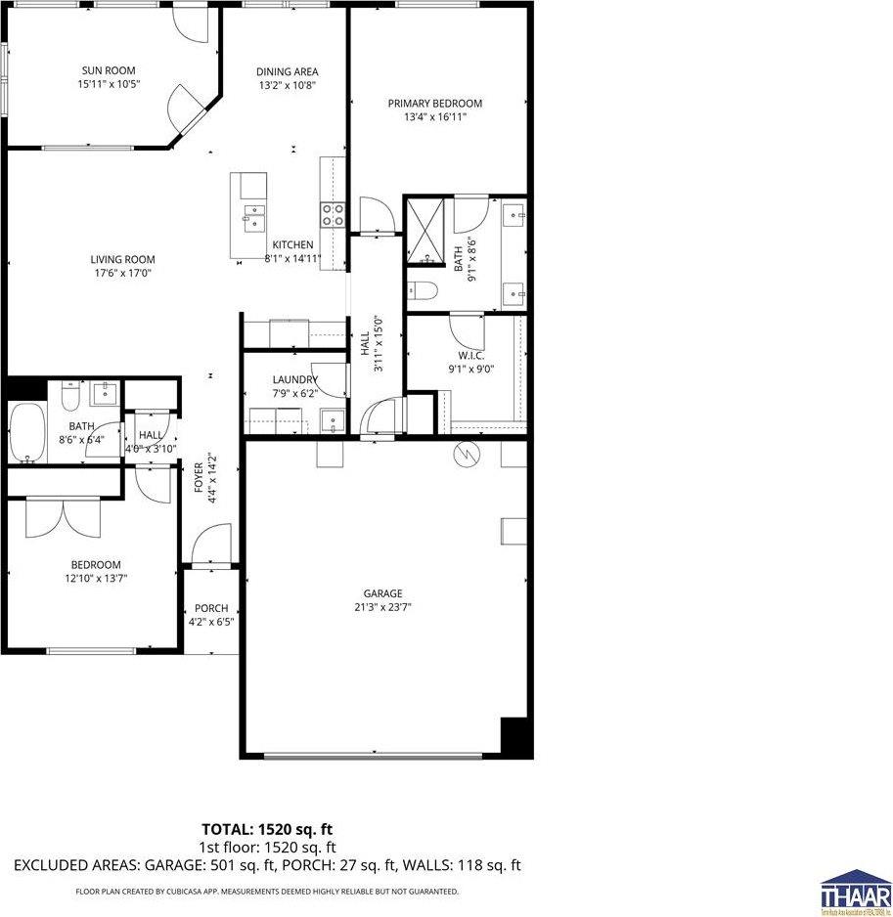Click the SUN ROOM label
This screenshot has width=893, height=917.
108,70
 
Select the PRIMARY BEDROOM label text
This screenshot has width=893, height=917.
434,104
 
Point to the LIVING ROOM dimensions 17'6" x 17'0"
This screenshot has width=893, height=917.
122,274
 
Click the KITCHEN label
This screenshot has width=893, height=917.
292,244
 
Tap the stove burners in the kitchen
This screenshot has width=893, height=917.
333,214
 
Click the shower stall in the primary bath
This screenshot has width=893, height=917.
427,231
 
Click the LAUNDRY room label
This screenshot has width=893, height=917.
294,380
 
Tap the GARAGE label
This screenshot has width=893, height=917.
382,593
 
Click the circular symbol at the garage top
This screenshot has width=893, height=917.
466,456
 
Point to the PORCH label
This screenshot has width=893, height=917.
210,608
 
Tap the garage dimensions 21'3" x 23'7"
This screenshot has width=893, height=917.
382,607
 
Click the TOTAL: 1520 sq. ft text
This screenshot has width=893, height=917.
266,830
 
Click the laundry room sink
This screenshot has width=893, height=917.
333,421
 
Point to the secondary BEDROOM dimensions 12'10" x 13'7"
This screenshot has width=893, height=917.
95,578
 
